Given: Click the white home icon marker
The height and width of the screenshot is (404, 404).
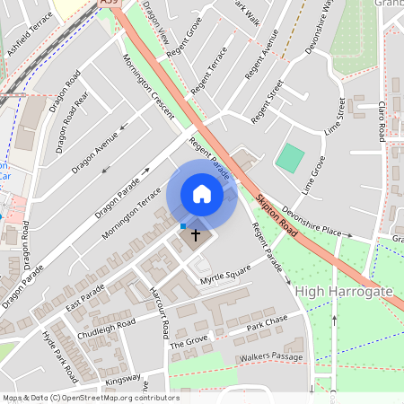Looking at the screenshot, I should (202, 194).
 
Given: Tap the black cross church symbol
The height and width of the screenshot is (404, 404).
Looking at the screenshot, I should (197, 233).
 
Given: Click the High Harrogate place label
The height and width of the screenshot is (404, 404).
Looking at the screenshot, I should (344, 292).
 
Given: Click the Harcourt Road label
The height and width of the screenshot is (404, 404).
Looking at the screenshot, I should (160, 312).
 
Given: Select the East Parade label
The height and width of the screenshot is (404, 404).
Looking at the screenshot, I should (85, 299).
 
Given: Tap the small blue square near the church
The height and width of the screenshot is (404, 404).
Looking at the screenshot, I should (183, 226).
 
